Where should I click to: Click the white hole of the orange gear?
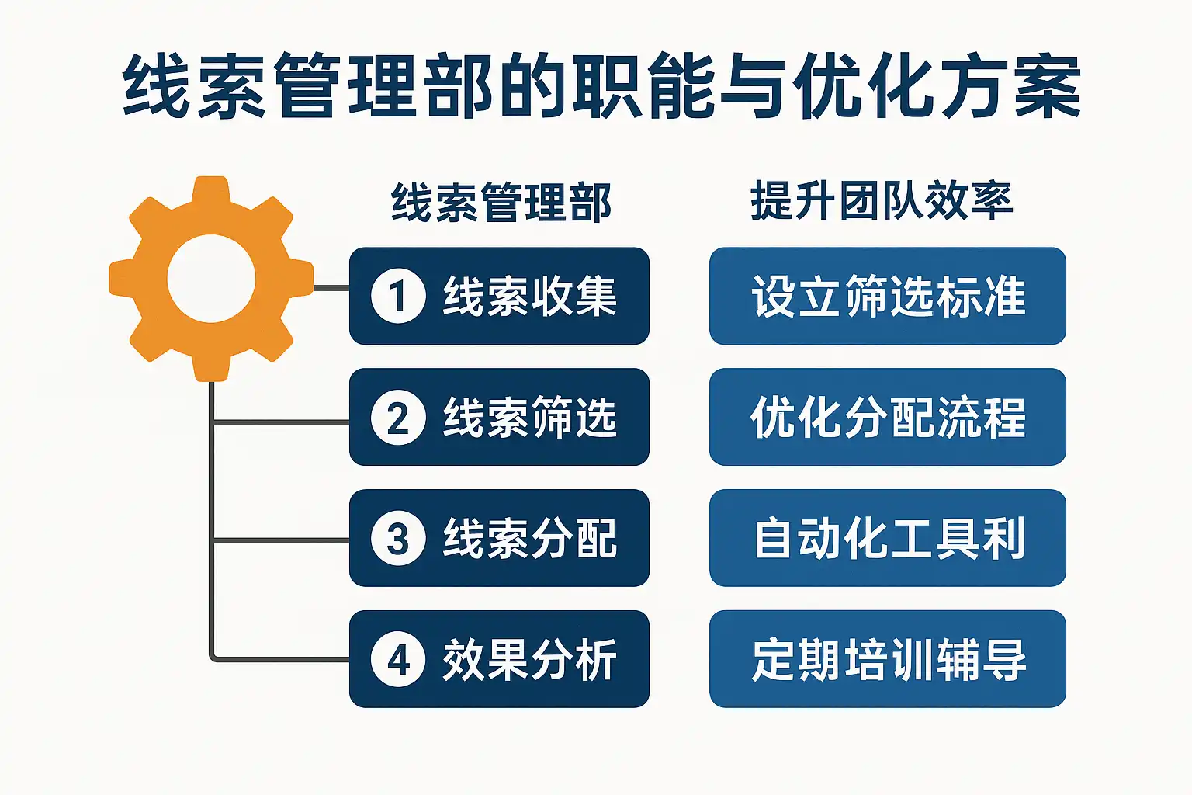point(211,279)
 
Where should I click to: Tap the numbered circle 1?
point(398,296)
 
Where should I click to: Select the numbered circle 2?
point(398,417)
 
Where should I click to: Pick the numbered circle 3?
point(398,538)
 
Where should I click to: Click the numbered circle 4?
point(398,659)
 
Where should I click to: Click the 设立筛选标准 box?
point(887,296)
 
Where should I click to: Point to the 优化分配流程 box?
point(887,417)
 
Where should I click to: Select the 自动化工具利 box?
point(887,538)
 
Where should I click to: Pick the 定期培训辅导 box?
point(887,659)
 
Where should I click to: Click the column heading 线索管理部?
point(501,202)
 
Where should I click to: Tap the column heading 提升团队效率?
point(882,200)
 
